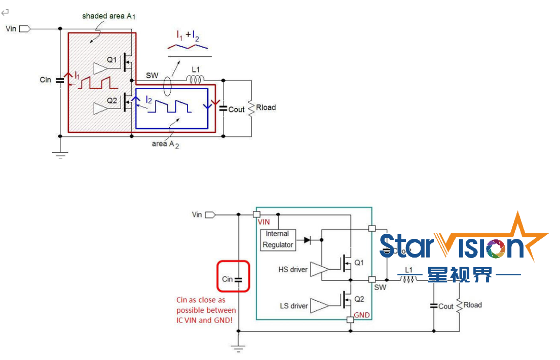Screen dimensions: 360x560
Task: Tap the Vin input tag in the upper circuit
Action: coord(24,28)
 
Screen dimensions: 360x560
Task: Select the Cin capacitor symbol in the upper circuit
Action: coord(60,80)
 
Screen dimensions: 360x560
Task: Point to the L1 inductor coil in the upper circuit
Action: coord(195,79)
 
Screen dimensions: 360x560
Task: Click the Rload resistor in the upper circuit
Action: coord(251,108)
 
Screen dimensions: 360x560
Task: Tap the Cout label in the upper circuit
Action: coord(236,109)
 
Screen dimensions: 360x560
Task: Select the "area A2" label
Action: coord(165,143)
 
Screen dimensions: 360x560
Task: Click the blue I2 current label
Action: coord(148,100)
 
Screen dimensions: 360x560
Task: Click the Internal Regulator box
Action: coord(277,239)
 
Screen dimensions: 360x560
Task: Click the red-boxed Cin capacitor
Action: coord(233,276)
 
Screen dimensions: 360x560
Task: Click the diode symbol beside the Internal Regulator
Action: coord(307,239)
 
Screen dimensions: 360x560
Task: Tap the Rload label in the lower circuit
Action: coord(472,305)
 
